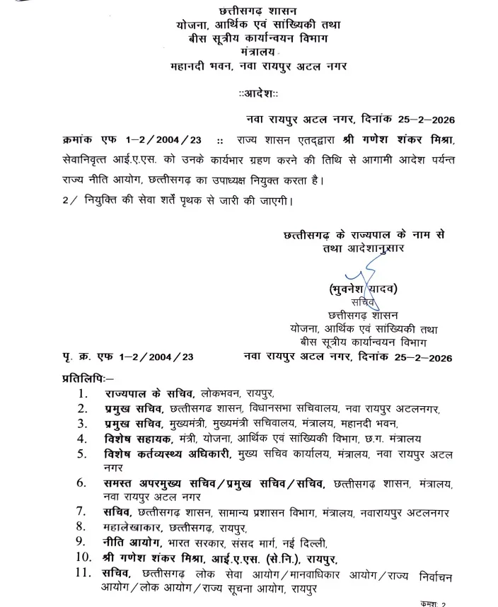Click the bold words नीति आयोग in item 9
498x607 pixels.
(129, 543)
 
